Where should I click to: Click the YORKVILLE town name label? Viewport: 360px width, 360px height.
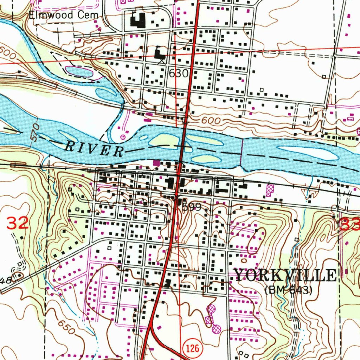click(285, 275)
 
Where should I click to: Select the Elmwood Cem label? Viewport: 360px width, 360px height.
click(56, 15)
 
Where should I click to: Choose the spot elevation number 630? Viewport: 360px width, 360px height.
click(179, 73)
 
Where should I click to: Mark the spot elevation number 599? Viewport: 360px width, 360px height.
click(192, 207)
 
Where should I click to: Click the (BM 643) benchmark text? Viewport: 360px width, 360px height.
click(288, 290)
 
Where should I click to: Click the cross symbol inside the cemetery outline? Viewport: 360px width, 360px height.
click(57, 33)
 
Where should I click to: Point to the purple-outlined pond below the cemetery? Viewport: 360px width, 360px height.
click(79, 71)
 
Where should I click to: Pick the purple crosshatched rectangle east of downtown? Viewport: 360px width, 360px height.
click(270, 190)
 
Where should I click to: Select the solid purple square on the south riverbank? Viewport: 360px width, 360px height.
click(156, 162)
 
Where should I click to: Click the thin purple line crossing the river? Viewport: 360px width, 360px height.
click(242, 151)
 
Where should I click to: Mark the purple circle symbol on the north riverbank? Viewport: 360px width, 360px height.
click(123, 136)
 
